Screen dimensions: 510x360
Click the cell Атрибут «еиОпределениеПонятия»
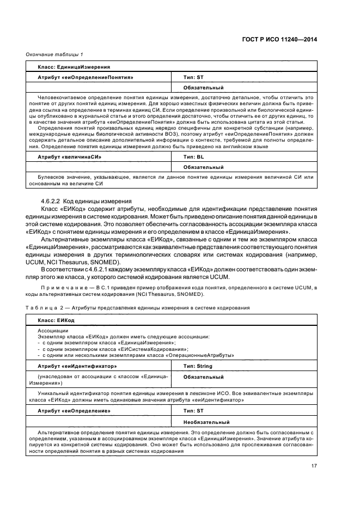coord(86,77)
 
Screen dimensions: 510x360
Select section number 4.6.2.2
coord(52,202)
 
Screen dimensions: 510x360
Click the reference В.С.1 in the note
coord(97,287)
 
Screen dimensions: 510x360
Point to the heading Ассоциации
coord(53,331)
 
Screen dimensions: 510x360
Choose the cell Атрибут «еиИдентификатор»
coord(77,366)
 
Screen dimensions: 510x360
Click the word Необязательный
coord(206,422)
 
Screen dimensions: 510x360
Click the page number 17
coord(314,465)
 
